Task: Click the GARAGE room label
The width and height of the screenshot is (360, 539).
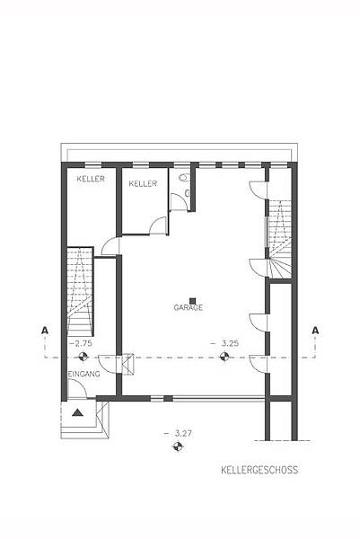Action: click(x=189, y=307)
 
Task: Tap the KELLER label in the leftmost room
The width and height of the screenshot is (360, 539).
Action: click(x=91, y=179)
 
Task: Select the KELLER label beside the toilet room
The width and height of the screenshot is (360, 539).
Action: click(x=143, y=183)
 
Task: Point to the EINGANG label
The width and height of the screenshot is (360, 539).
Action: click(x=84, y=374)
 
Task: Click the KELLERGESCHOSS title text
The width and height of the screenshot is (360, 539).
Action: click(x=259, y=470)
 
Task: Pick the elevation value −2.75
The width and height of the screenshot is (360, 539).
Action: click(x=81, y=343)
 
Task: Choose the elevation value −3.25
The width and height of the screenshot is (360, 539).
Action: click(x=225, y=343)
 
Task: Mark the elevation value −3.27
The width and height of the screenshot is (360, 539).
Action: click(x=178, y=434)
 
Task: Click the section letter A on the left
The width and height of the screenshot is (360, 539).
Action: click(x=45, y=331)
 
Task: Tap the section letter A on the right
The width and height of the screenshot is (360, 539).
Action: click(x=315, y=331)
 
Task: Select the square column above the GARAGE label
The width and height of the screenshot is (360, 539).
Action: click(x=192, y=301)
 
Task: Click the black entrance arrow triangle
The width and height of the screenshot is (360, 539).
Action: click(x=78, y=412)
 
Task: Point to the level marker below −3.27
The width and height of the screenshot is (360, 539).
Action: click(x=178, y=446)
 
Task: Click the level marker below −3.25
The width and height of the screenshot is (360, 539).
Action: click(x=224, y=357)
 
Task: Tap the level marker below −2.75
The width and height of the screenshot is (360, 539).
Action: click(x=83, y=357)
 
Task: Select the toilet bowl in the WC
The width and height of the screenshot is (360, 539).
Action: click(x=185, y=177)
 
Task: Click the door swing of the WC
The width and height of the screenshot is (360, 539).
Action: click(x=179, y=201)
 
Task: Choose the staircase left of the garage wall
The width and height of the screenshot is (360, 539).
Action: click(x=80, y=291)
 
